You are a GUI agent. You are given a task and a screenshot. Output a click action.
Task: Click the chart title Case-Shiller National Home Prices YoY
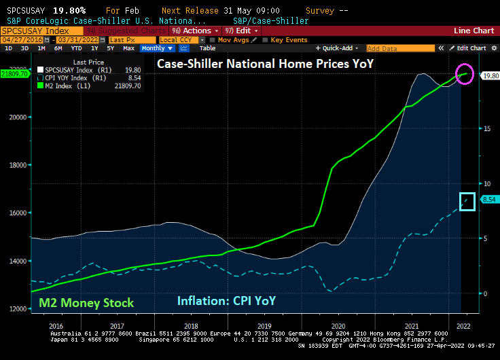click(x=266, y=64)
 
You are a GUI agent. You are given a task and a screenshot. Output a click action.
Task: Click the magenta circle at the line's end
click(x=465, y=74)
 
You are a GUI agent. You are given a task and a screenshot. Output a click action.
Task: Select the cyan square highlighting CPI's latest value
click(x=467, y=200)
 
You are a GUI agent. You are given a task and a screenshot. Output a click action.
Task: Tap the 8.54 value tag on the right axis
click(x=488, y=199)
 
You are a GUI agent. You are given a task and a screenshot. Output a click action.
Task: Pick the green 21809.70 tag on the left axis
click(x=14, y=73)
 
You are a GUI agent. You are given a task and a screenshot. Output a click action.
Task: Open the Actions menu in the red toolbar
click(x=196, y=31)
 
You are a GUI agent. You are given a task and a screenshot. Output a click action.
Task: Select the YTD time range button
click(x=76, y=48)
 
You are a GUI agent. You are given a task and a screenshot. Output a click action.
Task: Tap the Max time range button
click(x=128, y=48)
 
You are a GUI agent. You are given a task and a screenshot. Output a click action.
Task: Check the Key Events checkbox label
click(x=289, y=40)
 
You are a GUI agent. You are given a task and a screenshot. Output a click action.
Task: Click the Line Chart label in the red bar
click(x=474, y=31)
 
